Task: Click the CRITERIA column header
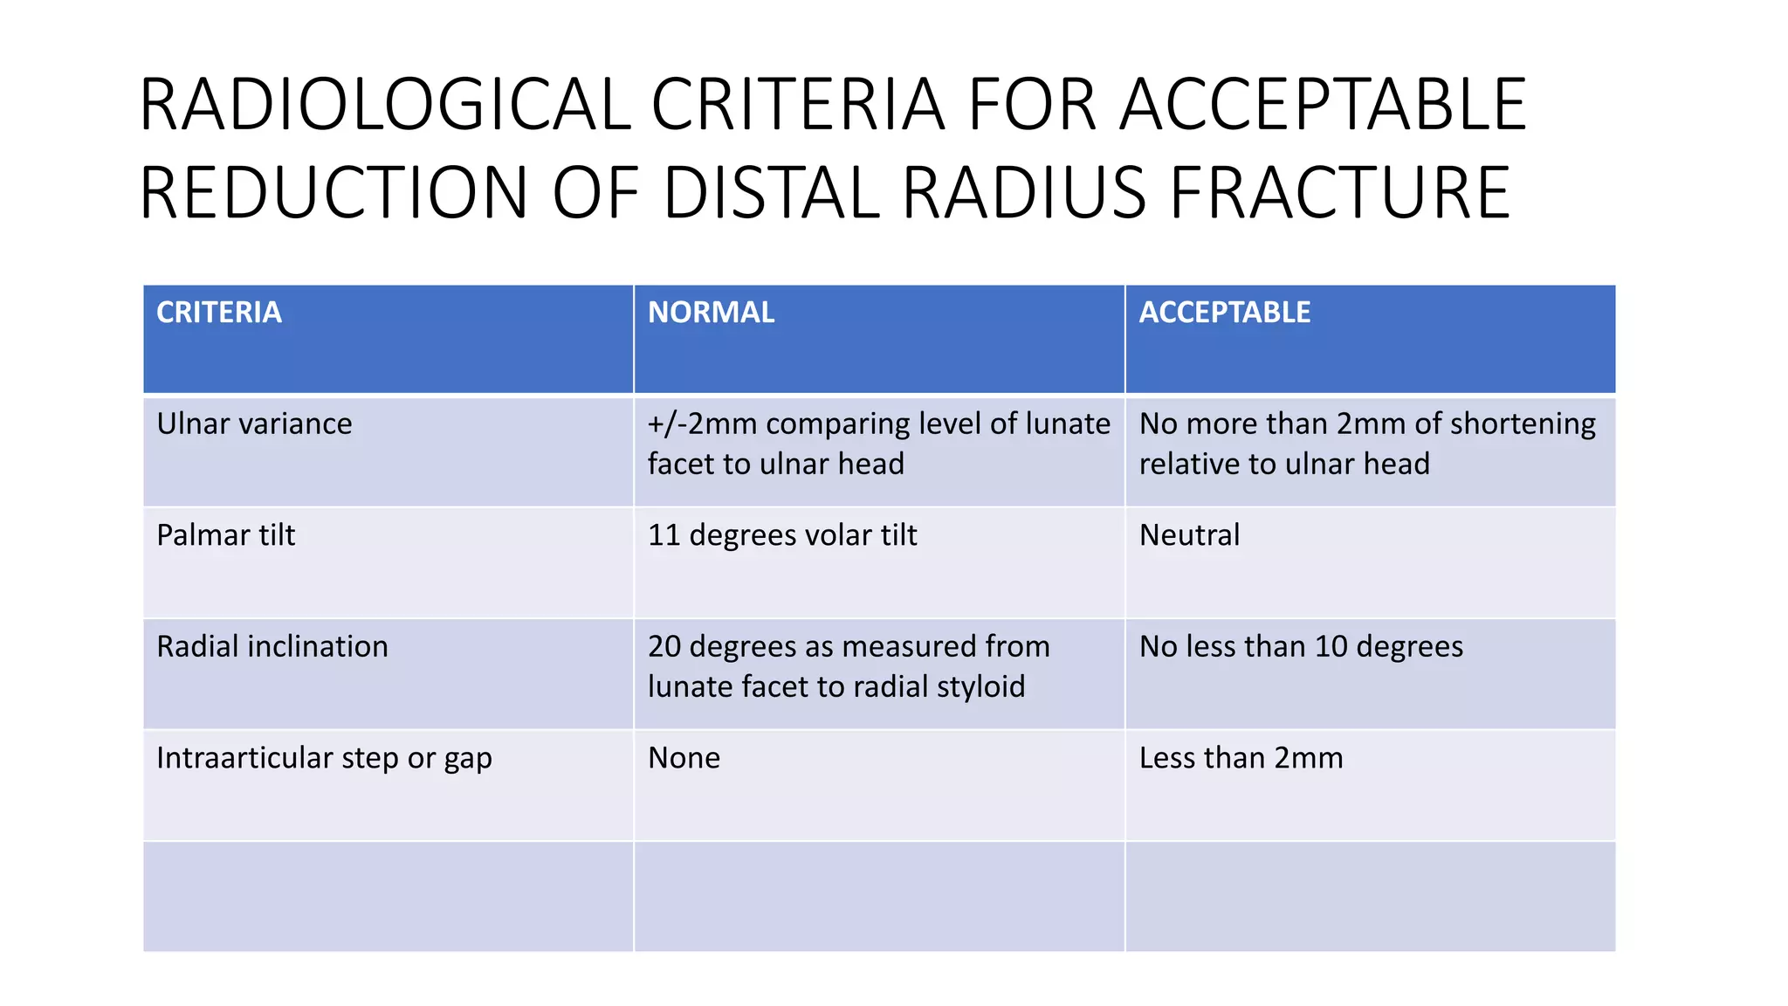tap(219, 313)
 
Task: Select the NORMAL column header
tap(711, 313)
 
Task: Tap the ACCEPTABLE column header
tap(1224, 313)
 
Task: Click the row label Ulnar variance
tap(254, 424)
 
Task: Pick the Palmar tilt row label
tap(226, 535)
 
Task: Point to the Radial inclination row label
tap(272, 647)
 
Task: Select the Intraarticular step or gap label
tap(324, 758)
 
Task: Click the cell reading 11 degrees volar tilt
tap(782, 535)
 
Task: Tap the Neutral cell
tap(1189, 535)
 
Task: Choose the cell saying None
tap(684, 758)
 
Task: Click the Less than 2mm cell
tap(1241, 758)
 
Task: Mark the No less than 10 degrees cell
tap(1301, 647)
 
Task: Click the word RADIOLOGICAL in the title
tap(385, 106)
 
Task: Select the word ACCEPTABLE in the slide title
tap(1323, 106)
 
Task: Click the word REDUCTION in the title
tap(334, 193)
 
